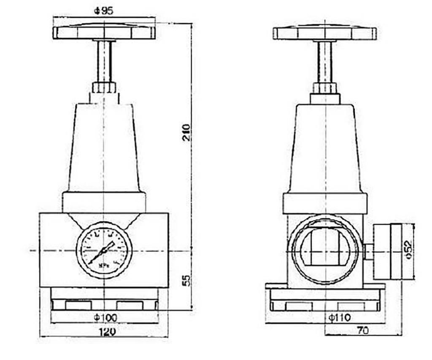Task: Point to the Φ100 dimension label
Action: coord(104,317)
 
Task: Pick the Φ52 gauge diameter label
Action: coord(408,250)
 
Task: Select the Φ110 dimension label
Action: coord(339,317)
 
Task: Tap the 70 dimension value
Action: coord(362,330)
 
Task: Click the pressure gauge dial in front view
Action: coord(104,251)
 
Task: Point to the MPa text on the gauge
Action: coord(103,266)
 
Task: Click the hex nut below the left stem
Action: coord(104,87)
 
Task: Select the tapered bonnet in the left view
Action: coord(104,148)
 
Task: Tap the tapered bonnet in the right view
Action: coord(324,148)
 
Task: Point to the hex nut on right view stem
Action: coord(324,88)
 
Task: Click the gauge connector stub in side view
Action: coord(368,252)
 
